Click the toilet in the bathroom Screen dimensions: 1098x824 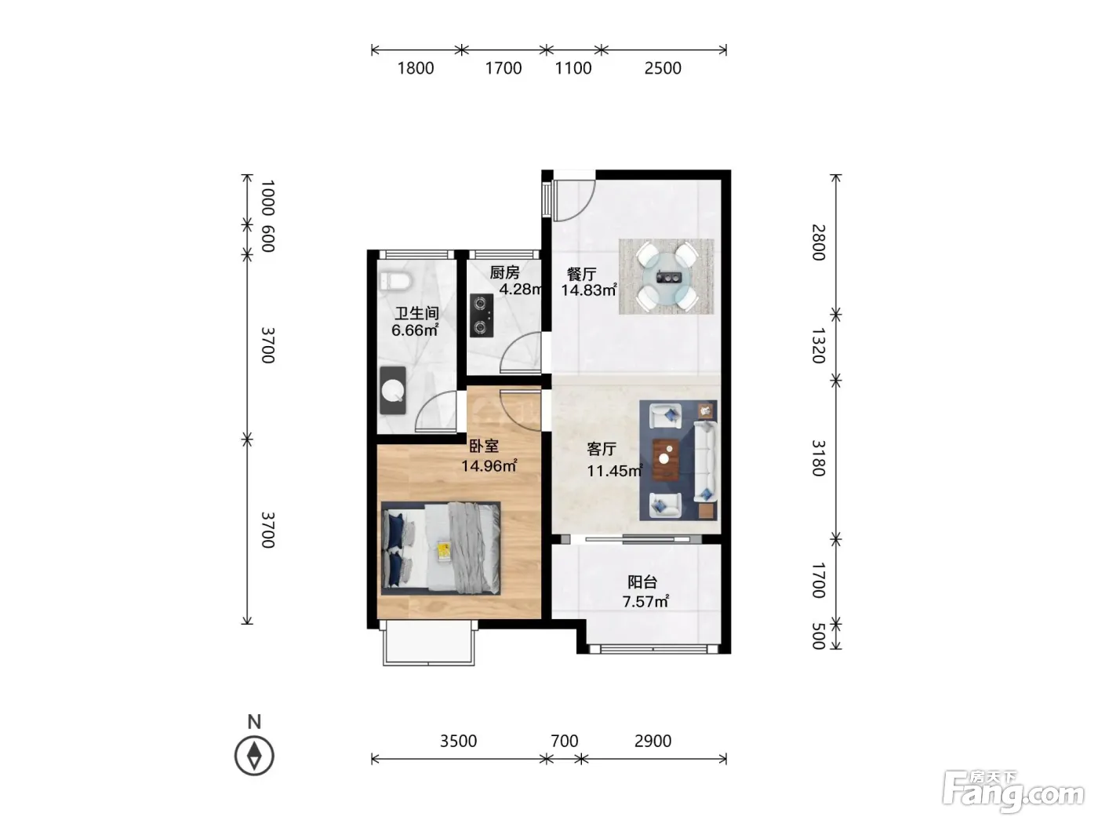394,281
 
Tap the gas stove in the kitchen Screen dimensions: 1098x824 482,315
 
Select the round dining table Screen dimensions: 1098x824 667,276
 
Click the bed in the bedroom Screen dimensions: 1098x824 441,549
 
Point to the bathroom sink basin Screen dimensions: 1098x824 393,391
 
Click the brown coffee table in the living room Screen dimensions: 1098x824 667,459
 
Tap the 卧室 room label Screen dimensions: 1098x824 484,445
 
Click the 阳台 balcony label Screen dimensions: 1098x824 642,582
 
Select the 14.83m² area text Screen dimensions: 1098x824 589,290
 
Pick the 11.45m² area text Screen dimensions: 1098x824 615,471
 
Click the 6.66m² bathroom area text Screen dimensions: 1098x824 415,330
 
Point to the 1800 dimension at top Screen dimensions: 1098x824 416,68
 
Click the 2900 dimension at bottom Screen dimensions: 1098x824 653,741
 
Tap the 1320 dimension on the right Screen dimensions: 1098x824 818,346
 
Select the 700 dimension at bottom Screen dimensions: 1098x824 564,741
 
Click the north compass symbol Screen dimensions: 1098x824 254,756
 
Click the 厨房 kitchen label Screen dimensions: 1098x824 504,272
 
